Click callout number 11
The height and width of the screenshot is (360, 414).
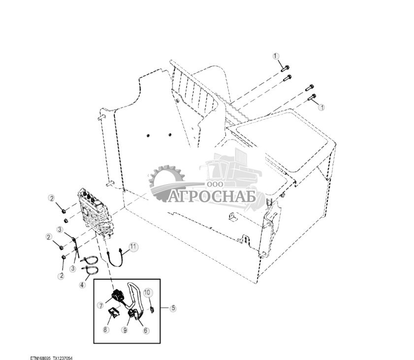133,247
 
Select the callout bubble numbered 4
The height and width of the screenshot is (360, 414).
83,285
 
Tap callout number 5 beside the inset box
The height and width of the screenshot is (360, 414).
173,308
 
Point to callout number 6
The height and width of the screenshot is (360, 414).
146,330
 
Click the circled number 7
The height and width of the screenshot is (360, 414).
100,306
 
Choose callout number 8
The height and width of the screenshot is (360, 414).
105,329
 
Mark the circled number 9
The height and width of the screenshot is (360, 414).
125,330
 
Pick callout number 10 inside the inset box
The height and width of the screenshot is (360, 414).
148,293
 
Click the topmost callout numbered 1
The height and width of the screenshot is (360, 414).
276,56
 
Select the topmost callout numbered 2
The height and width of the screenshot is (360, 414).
52,198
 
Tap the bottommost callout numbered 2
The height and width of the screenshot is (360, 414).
61,276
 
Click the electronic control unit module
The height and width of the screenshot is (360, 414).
96,213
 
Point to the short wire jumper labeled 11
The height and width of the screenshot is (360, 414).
115,259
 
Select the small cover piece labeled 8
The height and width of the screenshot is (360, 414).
114,313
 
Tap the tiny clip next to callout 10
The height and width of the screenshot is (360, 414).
152,309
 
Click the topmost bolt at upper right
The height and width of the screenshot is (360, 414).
285,68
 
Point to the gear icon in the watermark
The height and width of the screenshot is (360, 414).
166,182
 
